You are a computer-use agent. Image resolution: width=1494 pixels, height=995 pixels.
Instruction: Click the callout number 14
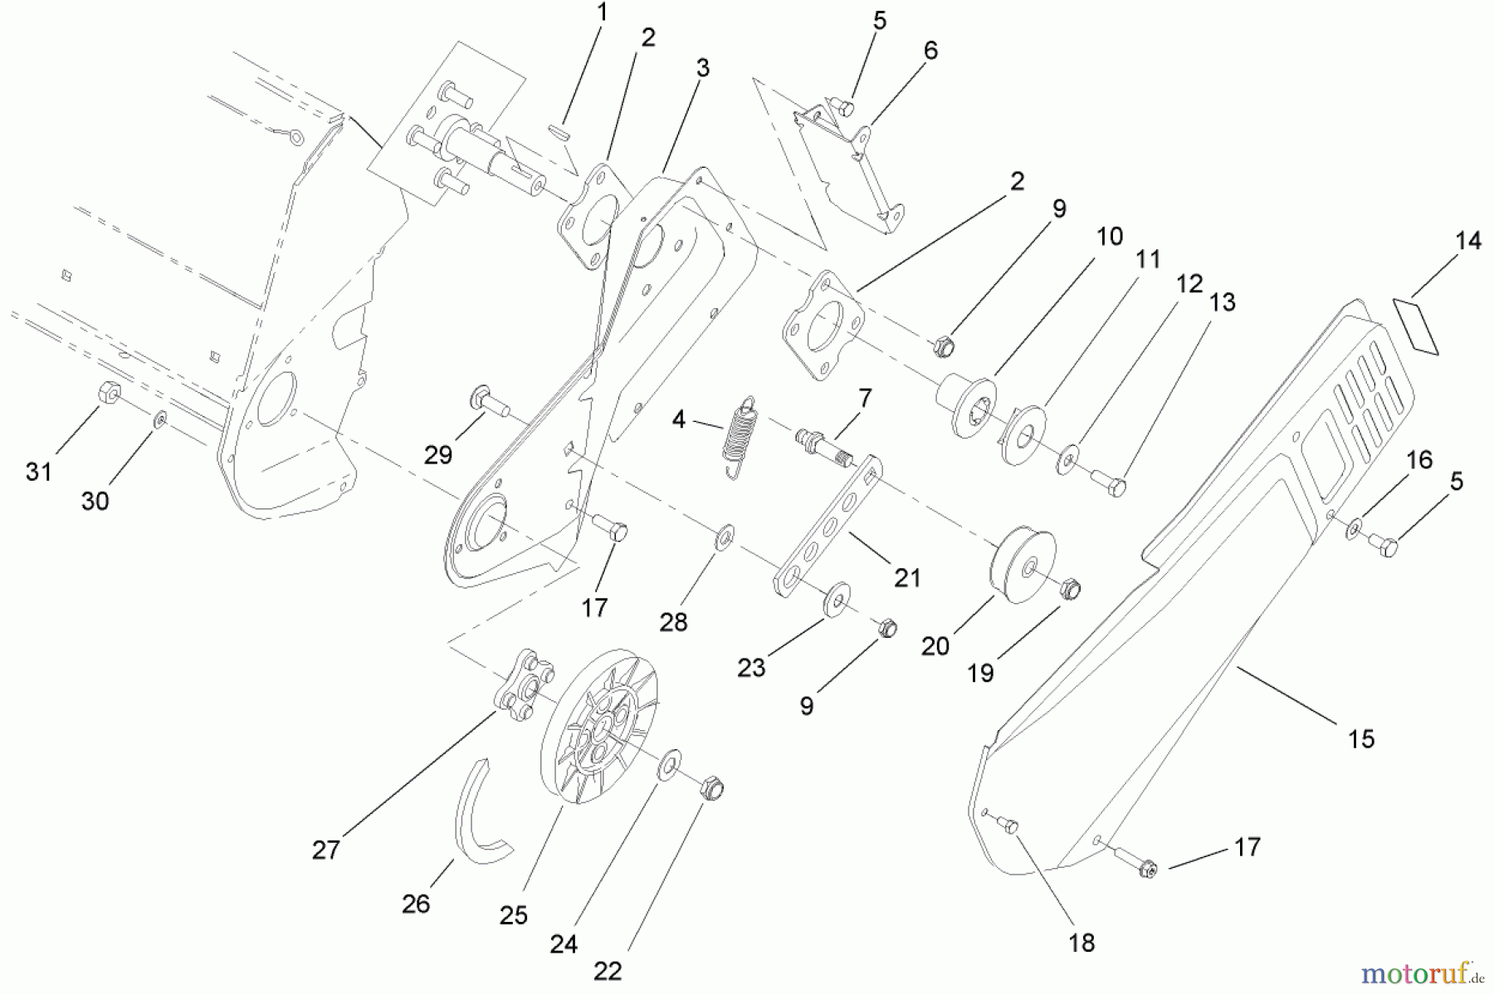(x=1467, y=241)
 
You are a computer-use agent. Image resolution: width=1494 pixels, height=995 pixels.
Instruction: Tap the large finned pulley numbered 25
(x=598, y=725)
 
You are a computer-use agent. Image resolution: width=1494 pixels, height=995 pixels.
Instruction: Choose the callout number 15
(x=1361, y=738)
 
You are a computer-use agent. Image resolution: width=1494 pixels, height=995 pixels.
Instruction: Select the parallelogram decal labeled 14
(x=1415, y=326)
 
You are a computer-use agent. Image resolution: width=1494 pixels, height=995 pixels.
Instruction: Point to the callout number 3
(x=703, y=68)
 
